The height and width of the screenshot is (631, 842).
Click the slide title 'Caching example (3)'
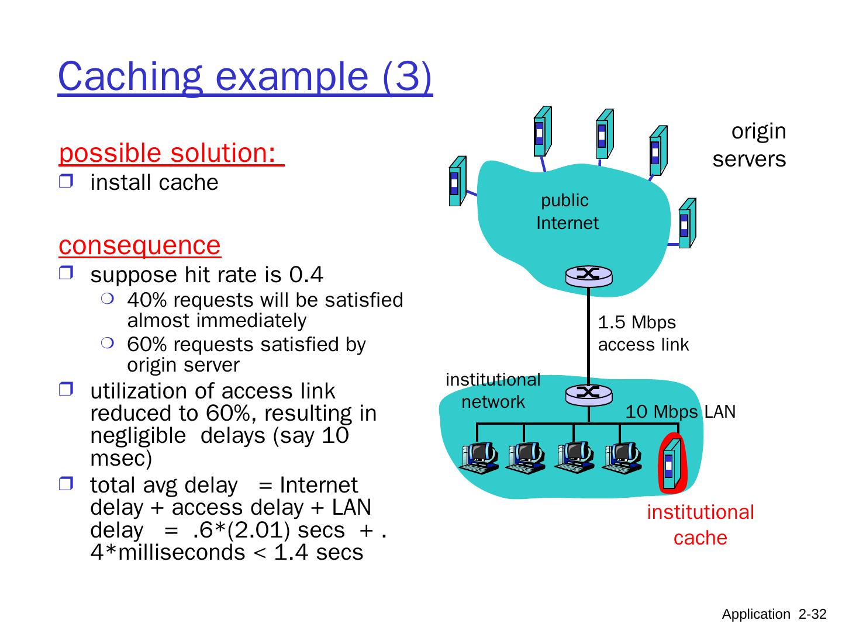(x=245, y=77)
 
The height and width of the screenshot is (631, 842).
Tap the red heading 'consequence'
(x=140, y=245)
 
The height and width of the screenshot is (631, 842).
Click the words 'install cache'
(x=154, y=183)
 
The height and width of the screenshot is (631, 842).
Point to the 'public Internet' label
(x=567, y=212)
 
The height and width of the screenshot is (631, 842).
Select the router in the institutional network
(x=588, y=394)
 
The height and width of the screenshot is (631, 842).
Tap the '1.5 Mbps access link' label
(x=643, y=334)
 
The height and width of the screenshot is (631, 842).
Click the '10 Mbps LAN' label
(x=680, y=412)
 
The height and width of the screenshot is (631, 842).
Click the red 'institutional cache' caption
(x=700, y=525)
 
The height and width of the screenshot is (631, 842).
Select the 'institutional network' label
(x=493, y=391)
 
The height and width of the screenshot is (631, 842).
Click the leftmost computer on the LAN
(x=478, y=457)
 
